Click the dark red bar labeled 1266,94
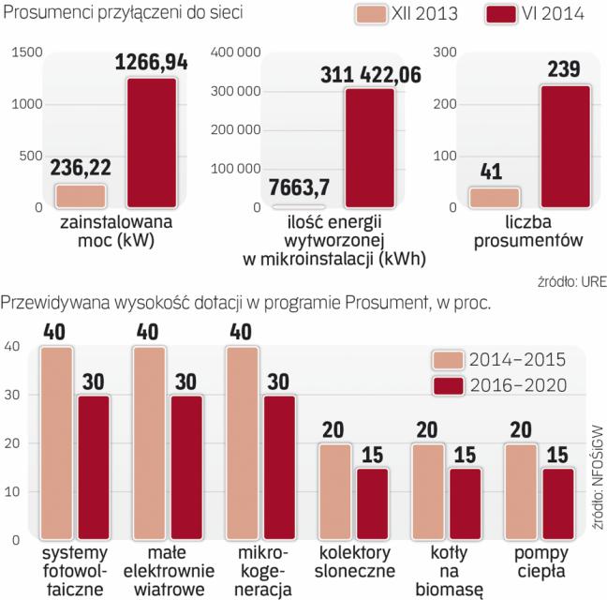click(x=151, y=142)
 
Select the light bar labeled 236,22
click(x=81, y=195)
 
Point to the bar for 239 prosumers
click(x=565, y=145)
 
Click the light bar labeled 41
click(x=494, y=197)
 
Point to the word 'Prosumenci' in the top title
click(x=45, y=13)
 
